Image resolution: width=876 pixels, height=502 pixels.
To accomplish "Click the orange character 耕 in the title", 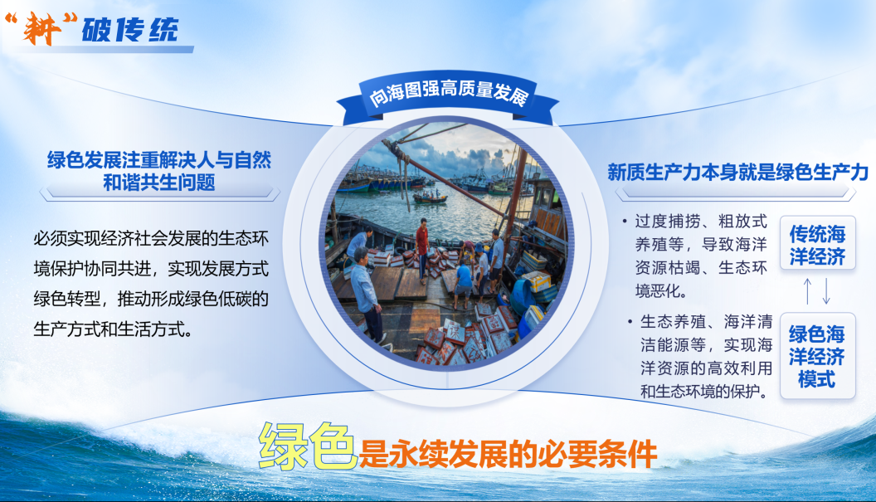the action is coord(42,28).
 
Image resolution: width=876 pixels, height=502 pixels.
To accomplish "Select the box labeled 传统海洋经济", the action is coord(817,243).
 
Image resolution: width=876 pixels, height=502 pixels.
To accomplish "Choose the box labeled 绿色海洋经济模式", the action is coord(817,355).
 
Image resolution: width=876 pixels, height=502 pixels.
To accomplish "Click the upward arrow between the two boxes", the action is coord(807,291).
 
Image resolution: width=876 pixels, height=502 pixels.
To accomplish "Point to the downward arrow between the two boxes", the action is coord(826,291).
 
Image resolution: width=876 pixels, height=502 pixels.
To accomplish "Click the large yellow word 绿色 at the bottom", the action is coord(307,446).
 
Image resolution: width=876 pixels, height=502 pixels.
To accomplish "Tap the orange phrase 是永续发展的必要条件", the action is coord(508,454).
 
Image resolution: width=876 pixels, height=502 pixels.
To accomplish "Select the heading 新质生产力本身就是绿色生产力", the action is coord(738,173).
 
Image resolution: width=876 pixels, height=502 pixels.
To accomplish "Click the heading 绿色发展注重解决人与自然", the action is coord(159,160).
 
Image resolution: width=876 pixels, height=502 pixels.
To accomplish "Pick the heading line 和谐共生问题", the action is coord(159,183).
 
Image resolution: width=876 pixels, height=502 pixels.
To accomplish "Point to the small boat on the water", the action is coord(430,197).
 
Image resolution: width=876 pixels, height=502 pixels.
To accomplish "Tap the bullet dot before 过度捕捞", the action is coord(625,222).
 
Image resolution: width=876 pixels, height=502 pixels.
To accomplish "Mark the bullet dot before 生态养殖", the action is coord(630,321).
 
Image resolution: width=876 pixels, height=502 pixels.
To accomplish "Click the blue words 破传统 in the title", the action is coord(130,30).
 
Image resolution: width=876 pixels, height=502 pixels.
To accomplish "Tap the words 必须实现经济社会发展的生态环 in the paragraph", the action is coord(151,239).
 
